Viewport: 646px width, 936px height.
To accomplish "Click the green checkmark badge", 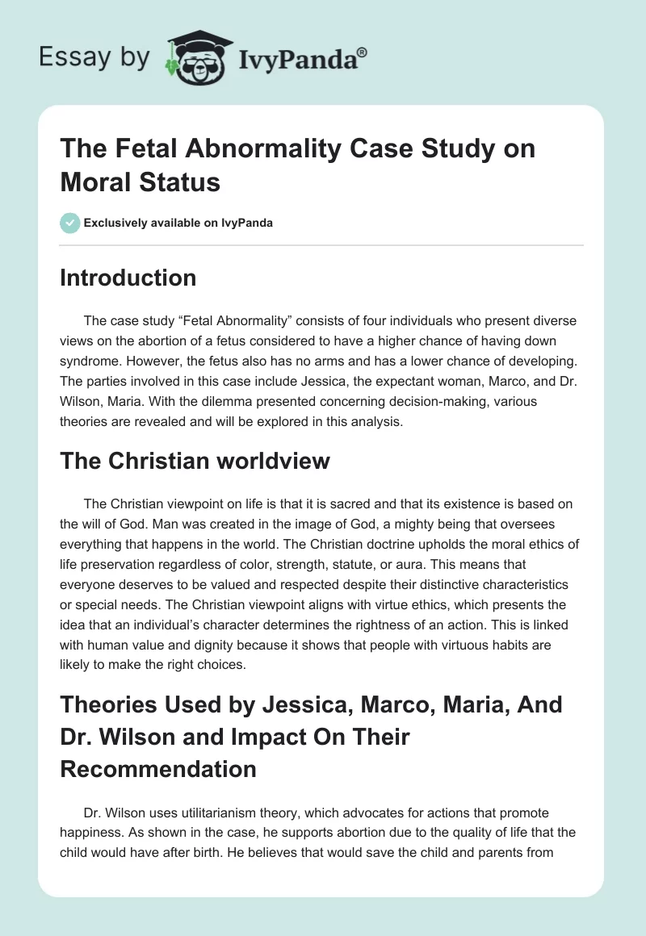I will [x=70, y=222].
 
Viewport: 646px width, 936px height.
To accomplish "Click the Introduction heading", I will [x=128, y=278].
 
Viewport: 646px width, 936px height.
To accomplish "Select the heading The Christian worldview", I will [x=195, y=461].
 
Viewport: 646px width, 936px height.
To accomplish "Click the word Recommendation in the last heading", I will [x=158, y=768].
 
